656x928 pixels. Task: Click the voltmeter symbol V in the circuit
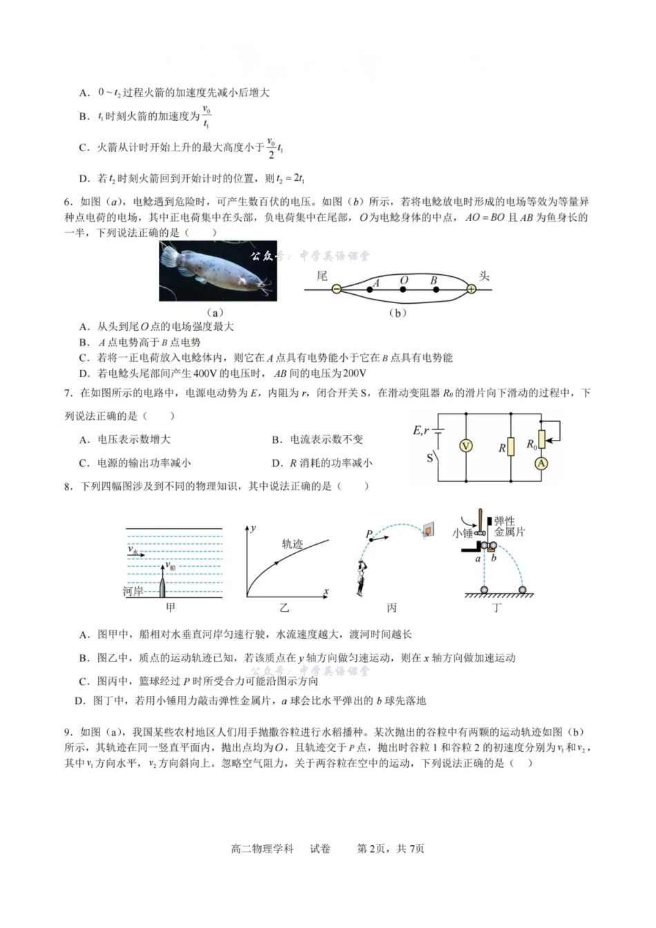[x=465, y=446]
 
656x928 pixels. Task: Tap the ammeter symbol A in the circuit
[x=541, y=463]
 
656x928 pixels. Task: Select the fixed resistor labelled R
[x=511, y=447]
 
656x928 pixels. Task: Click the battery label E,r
[x=421, y=430]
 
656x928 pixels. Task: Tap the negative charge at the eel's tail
[x=336, y=289]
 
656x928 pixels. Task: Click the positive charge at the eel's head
[x=471, y=289]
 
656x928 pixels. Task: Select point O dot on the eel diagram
[x=403, y=289]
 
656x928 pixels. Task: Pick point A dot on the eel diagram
[x=371, y=289]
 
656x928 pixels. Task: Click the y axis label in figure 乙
[x=253, y=528]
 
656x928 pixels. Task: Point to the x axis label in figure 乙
[x=326, y=592]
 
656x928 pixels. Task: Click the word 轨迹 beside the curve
[x=292, y=544]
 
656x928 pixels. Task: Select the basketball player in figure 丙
[x=360, y=577]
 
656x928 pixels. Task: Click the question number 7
[x=68, y=394]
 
